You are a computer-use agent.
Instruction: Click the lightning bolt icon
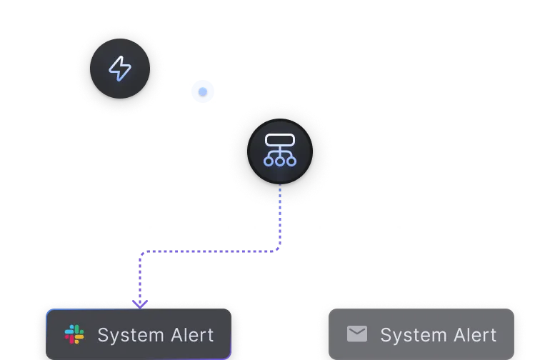click(x=119, y=69)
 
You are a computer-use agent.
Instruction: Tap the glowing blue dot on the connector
click(x=203, y=91)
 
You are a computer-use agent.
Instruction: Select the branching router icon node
click(x=279, y=151)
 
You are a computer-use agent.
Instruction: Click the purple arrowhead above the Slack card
click(x=140, y=304)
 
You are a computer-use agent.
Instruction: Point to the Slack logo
click(x=74, y=334)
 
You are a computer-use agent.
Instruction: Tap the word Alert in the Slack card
click(x=189, y=334)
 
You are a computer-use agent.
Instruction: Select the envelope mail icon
click(x=357, y=334)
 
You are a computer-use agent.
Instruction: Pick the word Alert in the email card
click(x=472, y=334)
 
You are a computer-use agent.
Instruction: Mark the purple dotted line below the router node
click(x=280, y=204)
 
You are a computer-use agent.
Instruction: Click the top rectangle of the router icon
click(x=279, y=140)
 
